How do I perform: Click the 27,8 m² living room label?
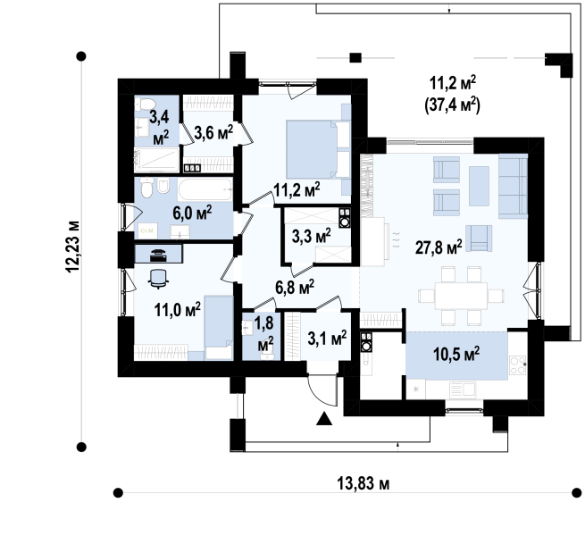click(x=439, y=247)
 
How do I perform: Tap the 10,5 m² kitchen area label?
click(x=456, y=354)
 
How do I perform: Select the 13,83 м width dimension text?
click(x=363, y=484)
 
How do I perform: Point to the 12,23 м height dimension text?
click(x=72, y=247)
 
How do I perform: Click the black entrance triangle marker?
click(x=324, y=419)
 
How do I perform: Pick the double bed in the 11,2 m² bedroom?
click(x=318, y=149)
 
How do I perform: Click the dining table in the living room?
click(x=461, y=296)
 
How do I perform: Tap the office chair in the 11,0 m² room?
click(x=159, y=279)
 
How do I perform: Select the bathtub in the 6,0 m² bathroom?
click(x=205, y=189)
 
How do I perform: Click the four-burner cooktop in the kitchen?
click(x=518, y=364)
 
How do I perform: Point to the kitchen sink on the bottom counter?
click(x=463, y=390)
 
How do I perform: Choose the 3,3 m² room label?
click(x=311, y=236)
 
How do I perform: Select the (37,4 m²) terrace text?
click(x=452, y=105)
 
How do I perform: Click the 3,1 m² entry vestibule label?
click(x=327, y=338)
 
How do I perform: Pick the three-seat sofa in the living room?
click(x=513, y=187)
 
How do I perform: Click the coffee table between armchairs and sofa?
click(x=479, y=186)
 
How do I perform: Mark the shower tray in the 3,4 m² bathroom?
click(x=156, y=160)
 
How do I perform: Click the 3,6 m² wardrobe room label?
click(x=213, y=132)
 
